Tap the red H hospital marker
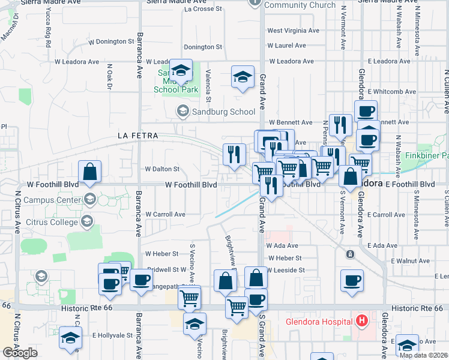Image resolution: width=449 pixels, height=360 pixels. point(361,320)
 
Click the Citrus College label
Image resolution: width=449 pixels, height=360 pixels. point(52,222)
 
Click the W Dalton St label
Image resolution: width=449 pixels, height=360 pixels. point(162,170)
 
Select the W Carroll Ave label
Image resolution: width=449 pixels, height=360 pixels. point(165,214)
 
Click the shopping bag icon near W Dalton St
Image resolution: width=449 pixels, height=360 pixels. point(89,172)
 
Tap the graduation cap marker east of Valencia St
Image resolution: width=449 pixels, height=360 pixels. point(242,77)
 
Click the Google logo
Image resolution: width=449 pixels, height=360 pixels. point(20,352)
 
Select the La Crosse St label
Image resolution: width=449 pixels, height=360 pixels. point(203,9)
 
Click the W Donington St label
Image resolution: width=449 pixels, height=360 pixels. point(112,41)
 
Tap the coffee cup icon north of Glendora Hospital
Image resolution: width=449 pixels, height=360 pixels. point(352,280)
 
